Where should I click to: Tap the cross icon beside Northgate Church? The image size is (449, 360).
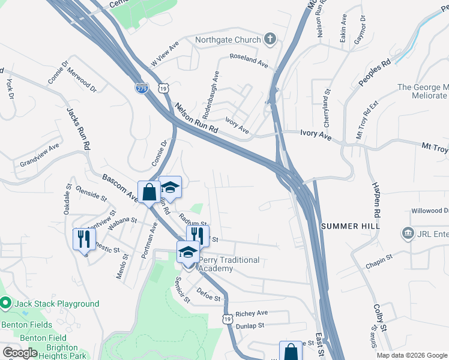coord(270,40)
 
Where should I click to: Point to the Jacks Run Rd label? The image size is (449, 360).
coord(78,129)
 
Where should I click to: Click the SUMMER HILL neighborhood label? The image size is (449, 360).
coord(351,226)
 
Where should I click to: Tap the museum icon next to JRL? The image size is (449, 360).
coord(408,232)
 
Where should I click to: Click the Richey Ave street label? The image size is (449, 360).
coord(252,313)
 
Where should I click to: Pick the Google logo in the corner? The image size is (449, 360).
coord(20,353)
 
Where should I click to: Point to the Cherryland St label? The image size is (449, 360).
coord(328,107)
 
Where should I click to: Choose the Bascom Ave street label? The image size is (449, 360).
coord(121,187)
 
